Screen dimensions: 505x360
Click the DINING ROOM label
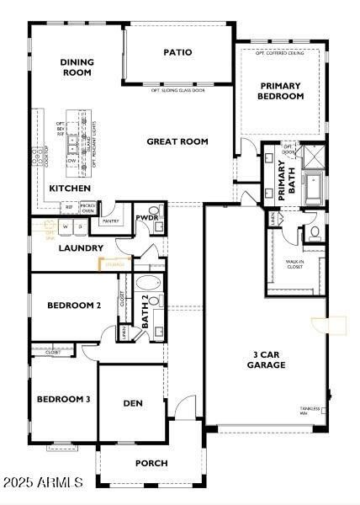coord(77,67)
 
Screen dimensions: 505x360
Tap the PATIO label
coord(177,52)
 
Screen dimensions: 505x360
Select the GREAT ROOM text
coord(177,141)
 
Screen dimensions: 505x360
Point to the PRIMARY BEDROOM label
coord(280,91)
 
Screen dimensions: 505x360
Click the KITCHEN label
coord(70,189)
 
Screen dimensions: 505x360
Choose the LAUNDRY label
coord(81,248)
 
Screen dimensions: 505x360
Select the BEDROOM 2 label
coord(74,306)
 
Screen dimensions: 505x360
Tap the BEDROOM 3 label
coord(63,399)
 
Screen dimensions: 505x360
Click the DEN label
coord(133,403)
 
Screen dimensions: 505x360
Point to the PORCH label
coord(151,463)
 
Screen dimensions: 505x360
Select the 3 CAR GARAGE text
coord(266,359)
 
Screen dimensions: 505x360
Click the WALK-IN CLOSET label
coord(294,265)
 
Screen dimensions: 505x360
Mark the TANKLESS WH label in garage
coord(310,411)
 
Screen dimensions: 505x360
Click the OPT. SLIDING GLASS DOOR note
coord(178,90)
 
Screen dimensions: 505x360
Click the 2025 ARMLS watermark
coord(42,482)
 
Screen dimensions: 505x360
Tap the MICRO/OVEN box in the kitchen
coord(87,207)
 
